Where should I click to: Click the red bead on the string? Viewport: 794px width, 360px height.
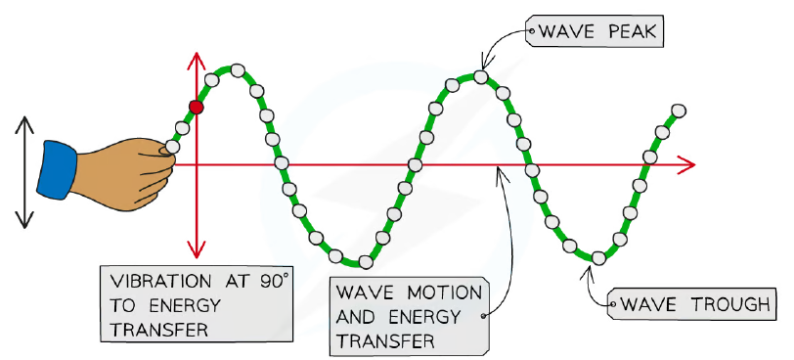(196, 107)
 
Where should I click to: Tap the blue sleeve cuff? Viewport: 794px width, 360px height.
(57, 170)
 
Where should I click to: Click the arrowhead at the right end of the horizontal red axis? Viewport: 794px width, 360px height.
(687, 164)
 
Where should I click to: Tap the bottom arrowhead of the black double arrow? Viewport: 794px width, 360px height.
(23, 219)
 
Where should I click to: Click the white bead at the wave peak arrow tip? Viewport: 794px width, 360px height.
(480, 77)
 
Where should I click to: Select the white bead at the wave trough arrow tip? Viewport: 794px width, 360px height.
(598, 257)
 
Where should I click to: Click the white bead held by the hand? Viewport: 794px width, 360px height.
(172, 147)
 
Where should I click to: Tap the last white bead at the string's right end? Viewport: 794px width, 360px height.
(679, 111)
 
